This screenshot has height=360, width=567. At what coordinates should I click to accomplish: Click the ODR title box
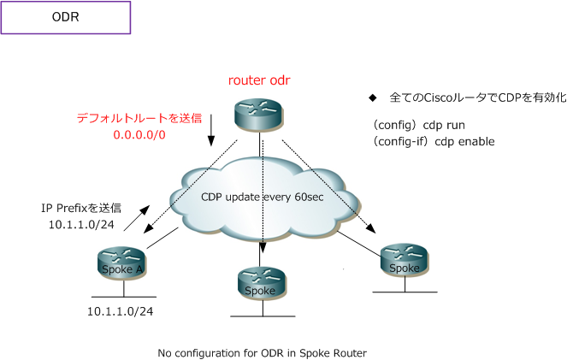coord(66,17)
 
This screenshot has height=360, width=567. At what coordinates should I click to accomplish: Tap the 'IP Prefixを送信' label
coord(81,207)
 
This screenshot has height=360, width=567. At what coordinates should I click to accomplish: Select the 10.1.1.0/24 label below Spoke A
coord(120,312)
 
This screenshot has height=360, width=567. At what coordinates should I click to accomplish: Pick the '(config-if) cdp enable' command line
coord(433,141)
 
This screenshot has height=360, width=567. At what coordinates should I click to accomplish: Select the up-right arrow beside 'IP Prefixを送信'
coord(138,217)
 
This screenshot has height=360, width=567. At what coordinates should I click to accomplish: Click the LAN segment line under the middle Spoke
coord(261,317)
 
